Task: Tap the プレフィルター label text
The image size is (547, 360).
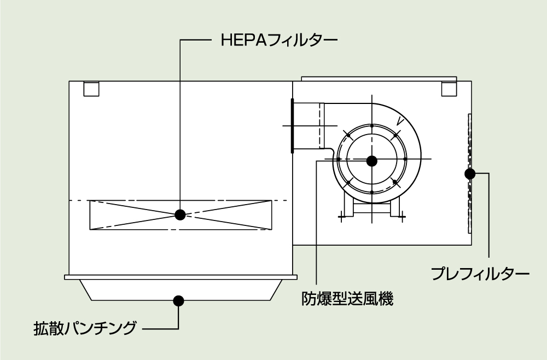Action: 480,272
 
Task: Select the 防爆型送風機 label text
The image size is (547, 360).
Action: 348,299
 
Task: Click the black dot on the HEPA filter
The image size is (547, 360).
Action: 180,214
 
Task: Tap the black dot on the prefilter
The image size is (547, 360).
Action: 469,174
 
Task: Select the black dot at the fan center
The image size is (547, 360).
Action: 372,160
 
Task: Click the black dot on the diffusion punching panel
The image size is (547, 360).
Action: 178,300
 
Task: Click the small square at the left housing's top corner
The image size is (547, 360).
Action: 91,89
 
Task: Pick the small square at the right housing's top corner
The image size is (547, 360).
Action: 449,88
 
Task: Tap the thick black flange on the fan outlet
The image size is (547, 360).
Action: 293,125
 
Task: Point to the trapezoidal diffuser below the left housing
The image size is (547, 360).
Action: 181,289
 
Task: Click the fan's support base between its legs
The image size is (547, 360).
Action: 372,207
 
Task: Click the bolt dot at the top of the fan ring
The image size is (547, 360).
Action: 372,127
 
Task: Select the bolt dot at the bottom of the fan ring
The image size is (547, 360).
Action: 372,193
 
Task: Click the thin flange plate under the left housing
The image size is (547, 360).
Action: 181,277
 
